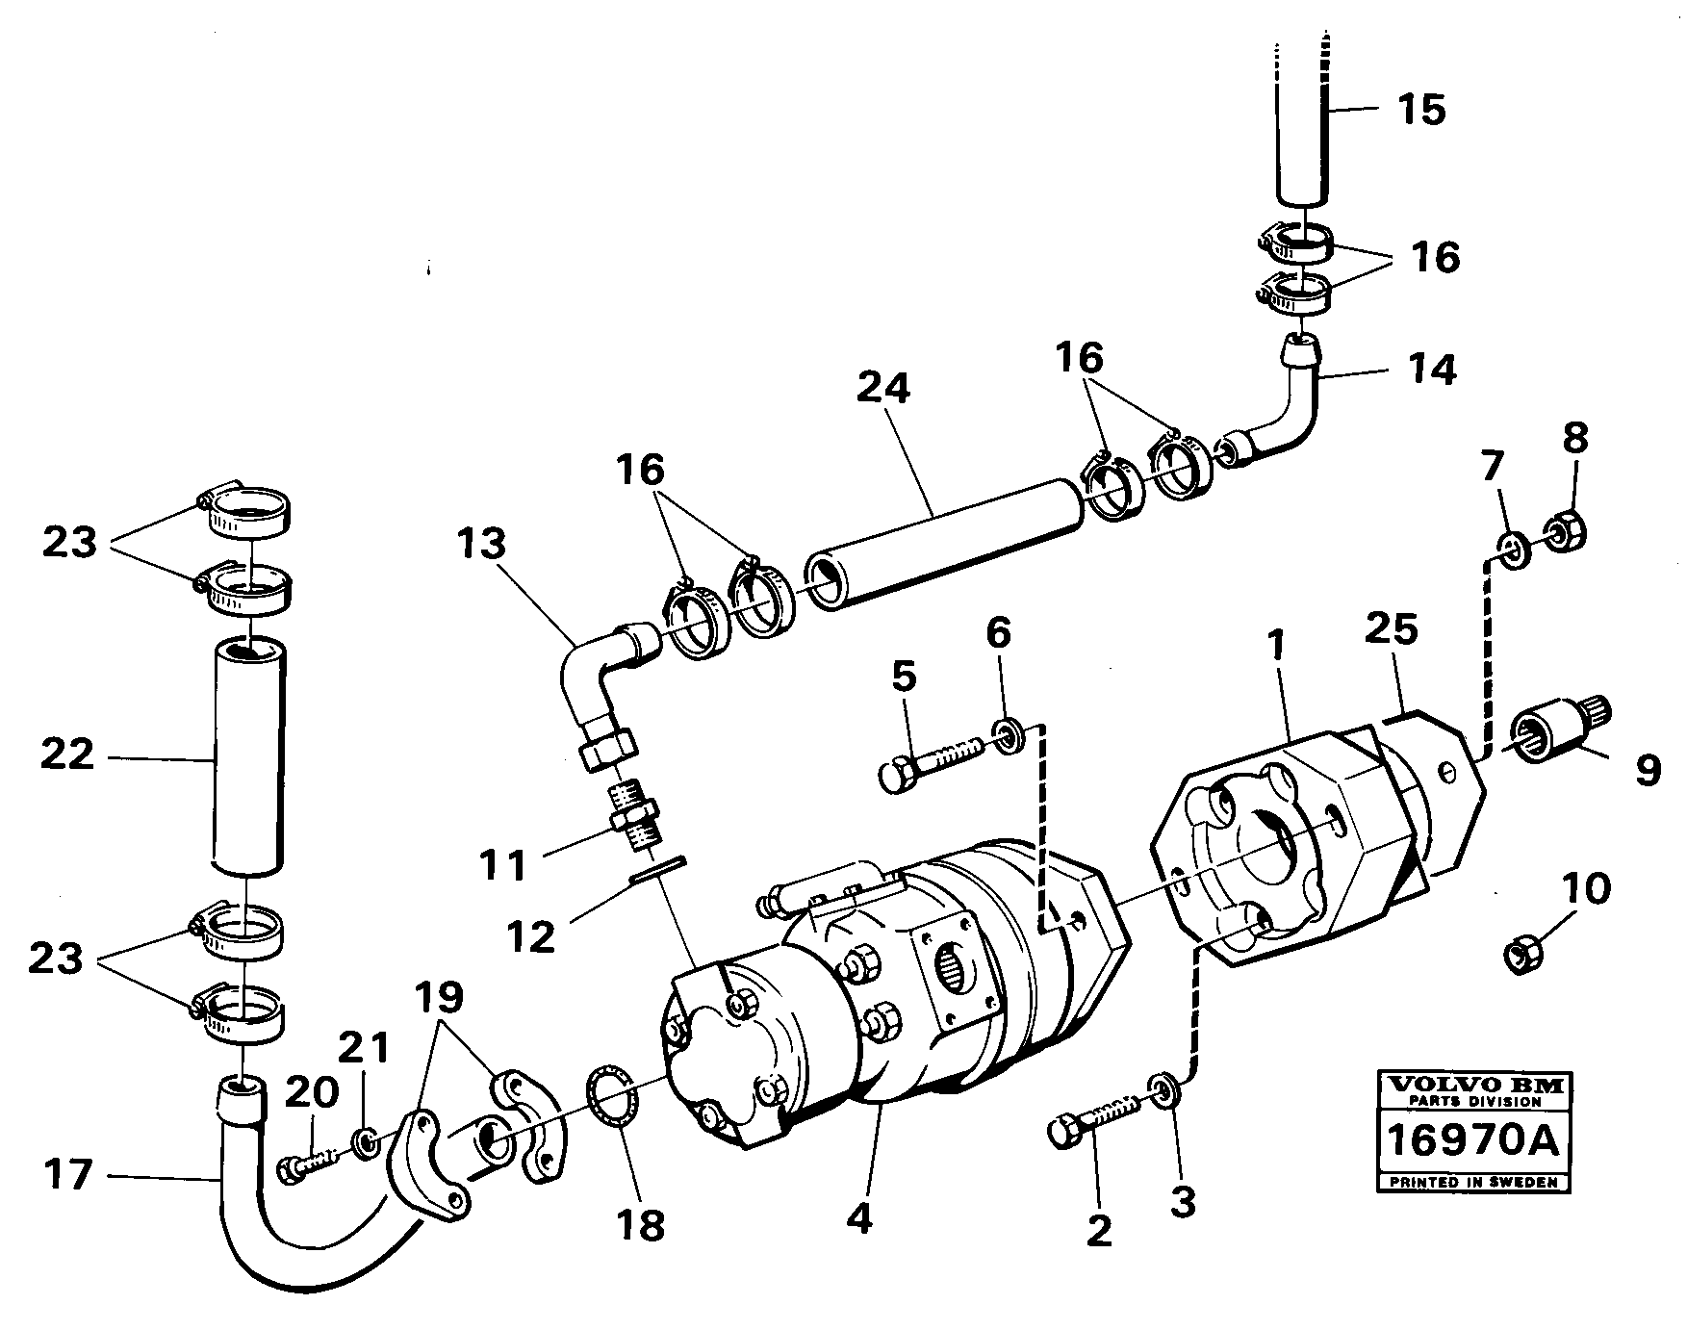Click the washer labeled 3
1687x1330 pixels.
1163,1090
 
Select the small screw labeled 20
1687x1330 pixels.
310,1162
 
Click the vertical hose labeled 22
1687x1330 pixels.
249,756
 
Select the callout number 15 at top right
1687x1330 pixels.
1422,111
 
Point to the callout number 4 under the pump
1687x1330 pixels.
859,1218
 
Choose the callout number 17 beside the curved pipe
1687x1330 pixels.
69,1175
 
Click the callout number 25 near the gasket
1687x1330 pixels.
1392,629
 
